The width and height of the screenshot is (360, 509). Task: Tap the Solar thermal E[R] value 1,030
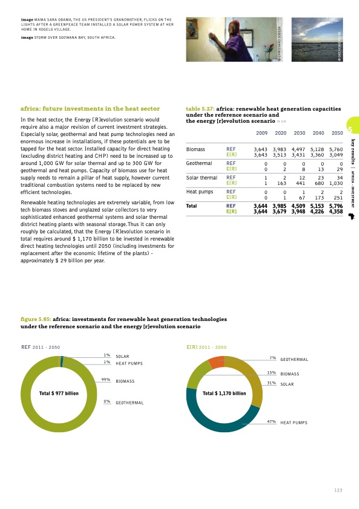click(335, 183)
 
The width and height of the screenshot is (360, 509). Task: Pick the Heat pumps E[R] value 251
click(338, 196)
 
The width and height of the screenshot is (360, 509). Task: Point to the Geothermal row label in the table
click(198, 163)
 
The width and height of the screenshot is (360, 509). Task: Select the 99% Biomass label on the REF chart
click(124, 381)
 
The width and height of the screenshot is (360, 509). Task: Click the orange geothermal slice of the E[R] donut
click(216, 362)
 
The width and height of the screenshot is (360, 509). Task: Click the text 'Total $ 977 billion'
click(59, 394)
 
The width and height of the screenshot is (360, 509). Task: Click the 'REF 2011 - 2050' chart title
click(40, 348)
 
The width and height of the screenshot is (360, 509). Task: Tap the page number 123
click(338, 490)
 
